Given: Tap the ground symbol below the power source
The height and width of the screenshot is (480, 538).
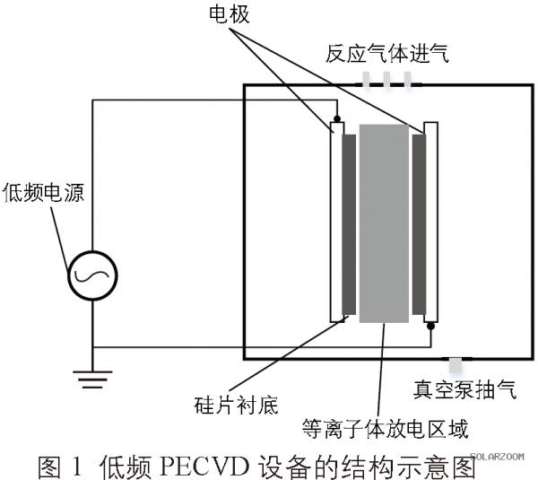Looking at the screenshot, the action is (92, 380).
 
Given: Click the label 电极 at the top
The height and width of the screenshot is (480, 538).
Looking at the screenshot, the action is (230, 14).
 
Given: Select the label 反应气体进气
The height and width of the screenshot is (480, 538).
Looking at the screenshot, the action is (387, 53).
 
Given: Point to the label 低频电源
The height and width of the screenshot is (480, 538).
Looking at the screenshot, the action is (43, 192).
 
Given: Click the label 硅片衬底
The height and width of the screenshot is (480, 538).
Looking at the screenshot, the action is (236, 406).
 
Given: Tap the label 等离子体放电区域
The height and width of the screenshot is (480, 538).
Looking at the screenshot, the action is (385, 429).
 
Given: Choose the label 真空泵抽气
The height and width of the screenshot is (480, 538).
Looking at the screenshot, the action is (464, 389).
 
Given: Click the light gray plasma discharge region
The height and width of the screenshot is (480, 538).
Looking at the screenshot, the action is (384, 223).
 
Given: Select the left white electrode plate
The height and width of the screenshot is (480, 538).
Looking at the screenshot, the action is (337, 223).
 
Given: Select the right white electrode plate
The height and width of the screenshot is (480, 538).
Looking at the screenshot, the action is (431, 223).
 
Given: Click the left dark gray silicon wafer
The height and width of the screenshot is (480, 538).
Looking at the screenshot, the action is (349, 224).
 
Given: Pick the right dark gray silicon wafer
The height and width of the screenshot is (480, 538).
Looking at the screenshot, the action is (419, 224).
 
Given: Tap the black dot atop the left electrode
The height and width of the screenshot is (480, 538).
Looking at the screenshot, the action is (337, 119).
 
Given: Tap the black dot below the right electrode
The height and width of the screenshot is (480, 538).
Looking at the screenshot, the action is (431, 326).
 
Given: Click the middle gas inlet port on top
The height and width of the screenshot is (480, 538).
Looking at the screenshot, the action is (386, 81).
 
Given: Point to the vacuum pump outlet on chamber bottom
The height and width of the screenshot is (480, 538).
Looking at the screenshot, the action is (456, 365).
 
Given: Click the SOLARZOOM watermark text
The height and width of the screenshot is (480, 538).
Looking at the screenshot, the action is (497, 457).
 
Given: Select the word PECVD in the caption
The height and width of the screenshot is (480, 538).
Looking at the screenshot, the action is (204, 467).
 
